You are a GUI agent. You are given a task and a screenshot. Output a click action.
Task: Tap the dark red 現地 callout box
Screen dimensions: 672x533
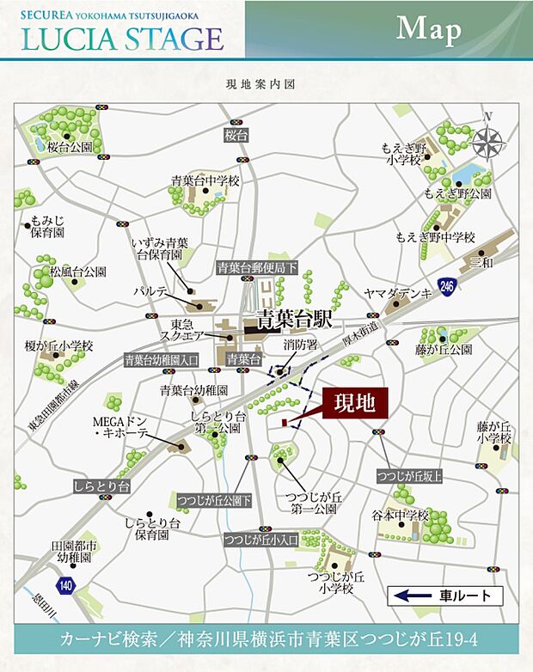355,401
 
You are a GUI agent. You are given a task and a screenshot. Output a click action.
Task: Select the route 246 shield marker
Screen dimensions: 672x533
445,285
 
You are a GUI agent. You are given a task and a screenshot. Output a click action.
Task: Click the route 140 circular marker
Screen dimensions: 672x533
67,586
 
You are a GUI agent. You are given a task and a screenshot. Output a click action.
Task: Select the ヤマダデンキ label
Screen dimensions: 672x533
396,293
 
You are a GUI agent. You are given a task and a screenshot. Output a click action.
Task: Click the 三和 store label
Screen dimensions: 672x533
483,261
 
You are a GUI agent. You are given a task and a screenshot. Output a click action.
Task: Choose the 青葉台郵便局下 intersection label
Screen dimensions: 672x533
256,266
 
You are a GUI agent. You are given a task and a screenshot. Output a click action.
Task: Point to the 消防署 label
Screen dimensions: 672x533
301,345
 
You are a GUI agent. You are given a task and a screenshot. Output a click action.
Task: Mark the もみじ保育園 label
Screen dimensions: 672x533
48,226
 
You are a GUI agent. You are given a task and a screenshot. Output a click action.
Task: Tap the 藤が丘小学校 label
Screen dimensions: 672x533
494,432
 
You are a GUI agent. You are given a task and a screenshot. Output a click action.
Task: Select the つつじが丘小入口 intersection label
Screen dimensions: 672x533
260,540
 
